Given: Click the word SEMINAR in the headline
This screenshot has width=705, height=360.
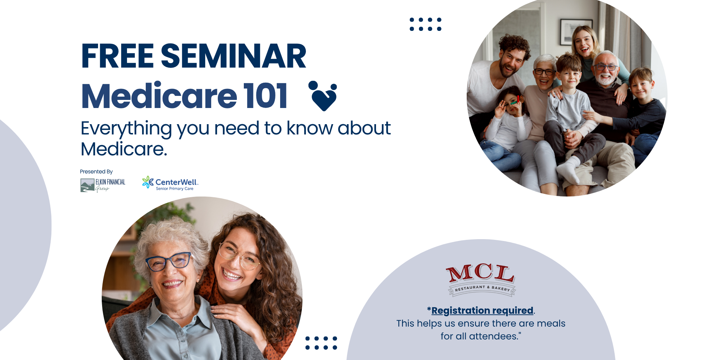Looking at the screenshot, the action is (233, 56).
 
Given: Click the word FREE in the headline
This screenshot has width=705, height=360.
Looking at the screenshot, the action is (117, 56).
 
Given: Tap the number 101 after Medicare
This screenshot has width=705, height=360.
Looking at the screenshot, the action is (265, 96).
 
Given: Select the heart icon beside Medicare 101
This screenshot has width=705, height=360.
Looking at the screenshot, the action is (323, 96).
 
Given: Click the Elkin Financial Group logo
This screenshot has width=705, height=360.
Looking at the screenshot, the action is (103, 185).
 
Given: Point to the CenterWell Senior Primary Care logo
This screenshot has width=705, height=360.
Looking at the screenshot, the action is (170, 183).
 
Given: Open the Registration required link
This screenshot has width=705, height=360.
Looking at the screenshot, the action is (482, 310).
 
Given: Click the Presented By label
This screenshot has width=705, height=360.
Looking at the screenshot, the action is (96, 172).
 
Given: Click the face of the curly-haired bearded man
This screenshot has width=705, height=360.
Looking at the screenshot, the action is (511, 61).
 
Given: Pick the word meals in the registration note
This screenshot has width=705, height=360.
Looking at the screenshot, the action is (551, 323).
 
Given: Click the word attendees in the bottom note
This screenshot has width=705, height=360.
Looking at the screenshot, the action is (493, 336).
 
